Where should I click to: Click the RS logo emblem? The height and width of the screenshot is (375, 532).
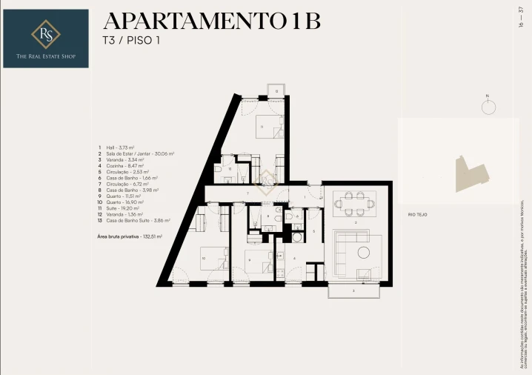[x=45, y=33]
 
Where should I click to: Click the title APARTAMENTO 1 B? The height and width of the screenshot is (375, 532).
[x=211, y=21]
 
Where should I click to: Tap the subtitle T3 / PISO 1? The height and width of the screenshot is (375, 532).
[x=131, y=40]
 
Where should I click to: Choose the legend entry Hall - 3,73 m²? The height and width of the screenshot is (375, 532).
[x=119, y=147]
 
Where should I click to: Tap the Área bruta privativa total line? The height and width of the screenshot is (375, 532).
[x=130, y=236]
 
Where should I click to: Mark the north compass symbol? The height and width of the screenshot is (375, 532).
[x=488, y=107]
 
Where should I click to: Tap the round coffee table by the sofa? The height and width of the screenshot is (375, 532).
[x=364, y=252]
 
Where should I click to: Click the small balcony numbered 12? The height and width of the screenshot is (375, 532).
[x=277, y=91]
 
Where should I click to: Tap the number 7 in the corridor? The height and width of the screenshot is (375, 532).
[x=247, y=193]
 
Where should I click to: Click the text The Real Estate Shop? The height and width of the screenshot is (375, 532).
[x=45, y=56]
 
